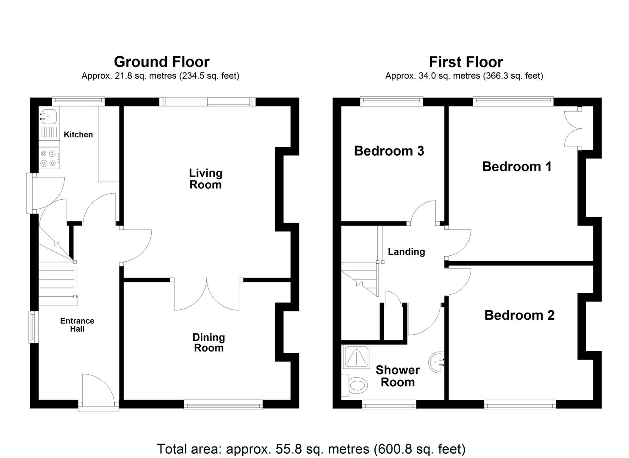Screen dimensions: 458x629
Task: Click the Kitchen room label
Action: pyautogui.click(x=78, y=134)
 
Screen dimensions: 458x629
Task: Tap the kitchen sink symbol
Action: pyautogui.click(x=49, y=116)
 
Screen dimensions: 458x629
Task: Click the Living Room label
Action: pyautogui.click(x=205, y=179)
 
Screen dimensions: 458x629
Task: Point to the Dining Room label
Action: pyautogui.click(x=208, y=343)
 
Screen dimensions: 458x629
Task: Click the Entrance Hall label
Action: pyautogui.click(x=77, y=325)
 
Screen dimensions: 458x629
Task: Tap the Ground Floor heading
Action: pyautogui.click(x=161, y=62)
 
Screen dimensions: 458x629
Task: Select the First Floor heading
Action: pyautogui.click(x=466, y=62)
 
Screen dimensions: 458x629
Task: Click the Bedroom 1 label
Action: pyautogui.click(x=517, y=166)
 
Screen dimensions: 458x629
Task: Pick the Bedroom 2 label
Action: pyautogui.click(x=519, y=315)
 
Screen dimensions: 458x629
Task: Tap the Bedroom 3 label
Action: pyautogui.click(x=389, y=151)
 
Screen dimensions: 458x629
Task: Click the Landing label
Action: pyautogui.click(x=406, y=251)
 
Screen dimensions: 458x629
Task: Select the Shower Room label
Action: pyautogui.click(x=397, y=376)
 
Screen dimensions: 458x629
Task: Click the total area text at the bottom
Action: pyautogui.click(x=311, y=449)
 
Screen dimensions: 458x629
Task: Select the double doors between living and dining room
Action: pyautogui.click(x=207, y=295)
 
